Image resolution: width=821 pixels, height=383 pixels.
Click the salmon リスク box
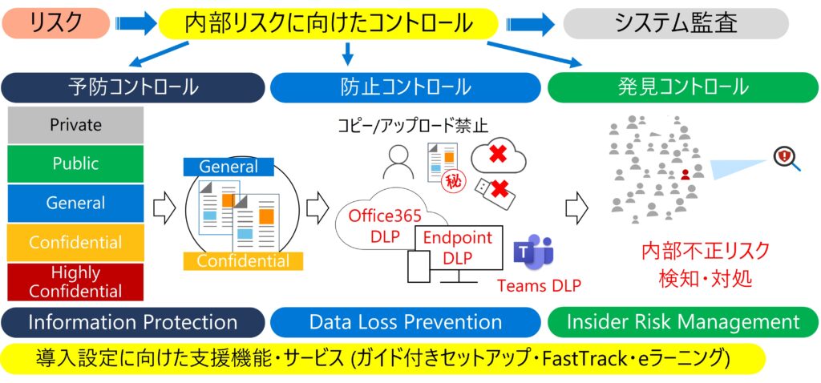point(56,24)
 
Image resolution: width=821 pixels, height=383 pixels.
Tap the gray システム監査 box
point(676,24)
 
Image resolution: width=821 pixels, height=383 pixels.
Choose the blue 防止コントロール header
point(405,87)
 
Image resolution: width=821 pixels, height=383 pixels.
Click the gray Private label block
point(75,125)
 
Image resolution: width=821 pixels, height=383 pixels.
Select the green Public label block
point(75,163)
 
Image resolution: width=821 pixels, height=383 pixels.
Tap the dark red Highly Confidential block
point(75,281)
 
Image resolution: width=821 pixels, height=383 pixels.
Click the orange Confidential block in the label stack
point(75,242)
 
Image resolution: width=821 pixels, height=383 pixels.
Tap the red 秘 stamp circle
point(452,181)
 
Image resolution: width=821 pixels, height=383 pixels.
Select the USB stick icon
point(488,189)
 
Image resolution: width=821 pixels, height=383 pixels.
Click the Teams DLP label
point(540,285)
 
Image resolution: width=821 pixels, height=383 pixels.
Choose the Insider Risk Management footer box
point(683,322)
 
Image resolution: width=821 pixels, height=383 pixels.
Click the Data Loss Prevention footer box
point(405,322)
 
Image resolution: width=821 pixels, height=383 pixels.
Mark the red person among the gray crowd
point(685,173)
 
